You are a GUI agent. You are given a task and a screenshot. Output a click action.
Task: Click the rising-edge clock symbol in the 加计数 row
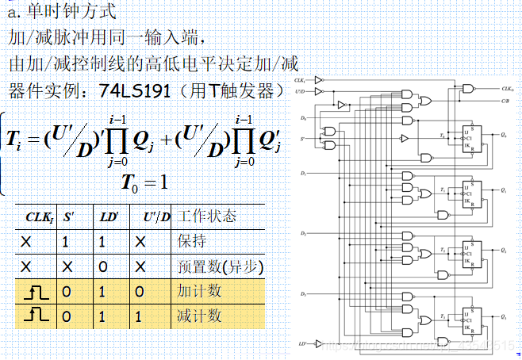click(39, 292)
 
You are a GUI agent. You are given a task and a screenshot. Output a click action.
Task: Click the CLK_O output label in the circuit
click(509, 89)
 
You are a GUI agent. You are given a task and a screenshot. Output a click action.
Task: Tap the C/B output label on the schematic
click(506, 101)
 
